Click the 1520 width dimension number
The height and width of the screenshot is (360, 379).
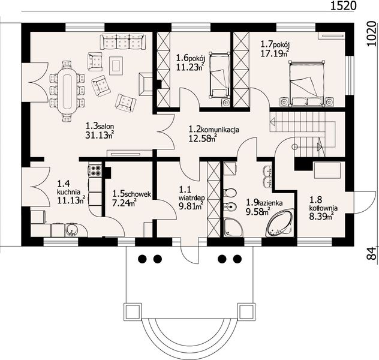pos(343,6)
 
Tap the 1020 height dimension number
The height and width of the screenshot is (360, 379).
pos(372,34)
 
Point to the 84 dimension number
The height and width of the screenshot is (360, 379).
pos(373,253)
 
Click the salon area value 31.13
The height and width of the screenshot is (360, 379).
pos(97,135)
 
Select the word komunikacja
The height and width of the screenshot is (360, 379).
pos(220,130)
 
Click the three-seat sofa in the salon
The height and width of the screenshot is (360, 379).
pos(123,41)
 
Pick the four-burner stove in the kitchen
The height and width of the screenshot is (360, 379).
pos(95,170)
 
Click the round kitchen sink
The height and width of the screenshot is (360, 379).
pos(72,230)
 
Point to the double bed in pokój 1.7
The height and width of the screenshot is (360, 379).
pos(306,83)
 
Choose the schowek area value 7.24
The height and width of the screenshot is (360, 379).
pos(121,203)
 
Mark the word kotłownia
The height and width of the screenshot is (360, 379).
pos(324,208)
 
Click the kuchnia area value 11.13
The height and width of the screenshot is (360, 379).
pos(68,200)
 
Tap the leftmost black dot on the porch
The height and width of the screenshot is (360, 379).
pos(142,259)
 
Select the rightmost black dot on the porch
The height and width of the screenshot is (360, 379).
pos(237,259)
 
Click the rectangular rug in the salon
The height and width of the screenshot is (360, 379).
pos(116,66)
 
